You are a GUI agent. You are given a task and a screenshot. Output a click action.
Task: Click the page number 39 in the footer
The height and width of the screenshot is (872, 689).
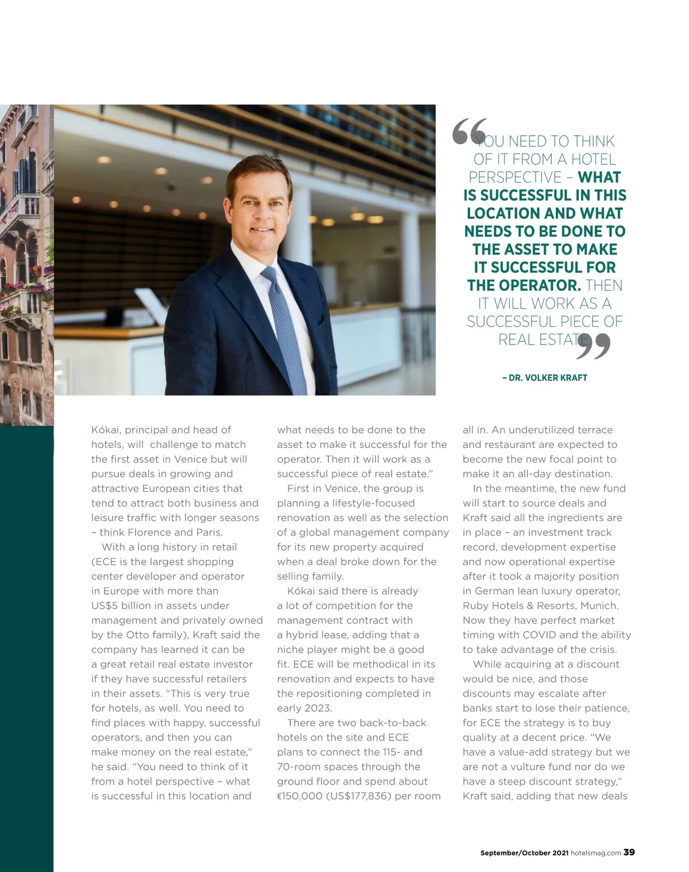tap(629, 852)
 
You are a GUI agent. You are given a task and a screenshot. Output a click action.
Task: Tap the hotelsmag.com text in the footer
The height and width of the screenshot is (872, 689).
tap(596, 853)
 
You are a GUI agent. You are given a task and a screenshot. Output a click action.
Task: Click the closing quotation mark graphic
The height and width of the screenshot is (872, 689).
tap(593, 346)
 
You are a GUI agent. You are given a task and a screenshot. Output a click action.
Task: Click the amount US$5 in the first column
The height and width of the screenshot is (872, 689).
tap(104, 605)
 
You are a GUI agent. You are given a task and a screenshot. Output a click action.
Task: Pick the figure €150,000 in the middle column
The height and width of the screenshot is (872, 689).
tap(300, 796)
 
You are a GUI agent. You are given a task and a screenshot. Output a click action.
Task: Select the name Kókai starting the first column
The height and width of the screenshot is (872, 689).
tap(105, 430)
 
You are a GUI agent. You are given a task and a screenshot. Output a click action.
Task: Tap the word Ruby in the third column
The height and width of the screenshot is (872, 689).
tap(474, 605)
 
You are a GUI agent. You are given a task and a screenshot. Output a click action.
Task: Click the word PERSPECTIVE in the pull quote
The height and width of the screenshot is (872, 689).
tap(515, 178)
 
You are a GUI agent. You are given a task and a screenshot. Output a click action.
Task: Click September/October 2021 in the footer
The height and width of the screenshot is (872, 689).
tap(524, 853)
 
